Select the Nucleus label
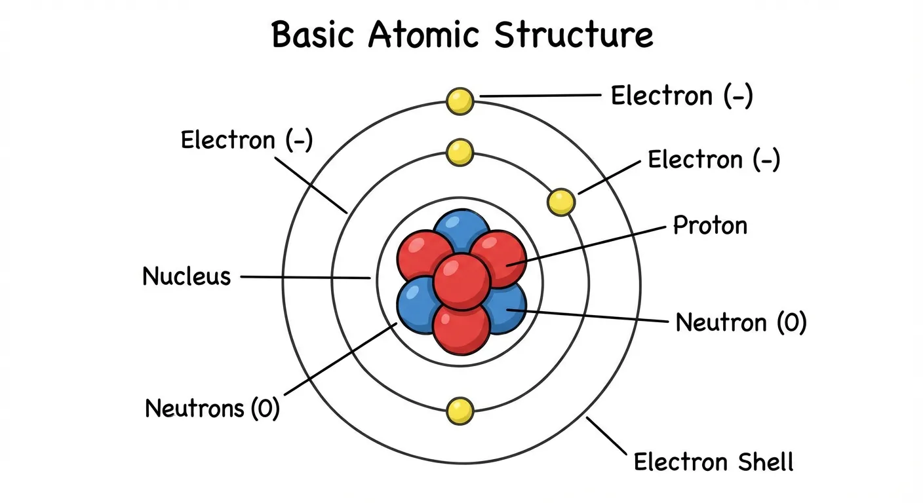[x=187, y=276]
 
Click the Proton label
[x=711, y=226]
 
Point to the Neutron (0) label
[x=741, y=322]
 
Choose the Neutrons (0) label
[x=212, y=408]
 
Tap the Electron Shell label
[x=713, y=462]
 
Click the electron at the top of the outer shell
[x=460, y=101]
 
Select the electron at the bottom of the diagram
[x=460, y=411]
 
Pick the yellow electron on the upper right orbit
[x=561, y=202]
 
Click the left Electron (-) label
[x=246, y=140]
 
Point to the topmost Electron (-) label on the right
[x=682, y=96]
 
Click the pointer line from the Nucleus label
[x=305, y=278]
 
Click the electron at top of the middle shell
[x=460, y=152]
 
